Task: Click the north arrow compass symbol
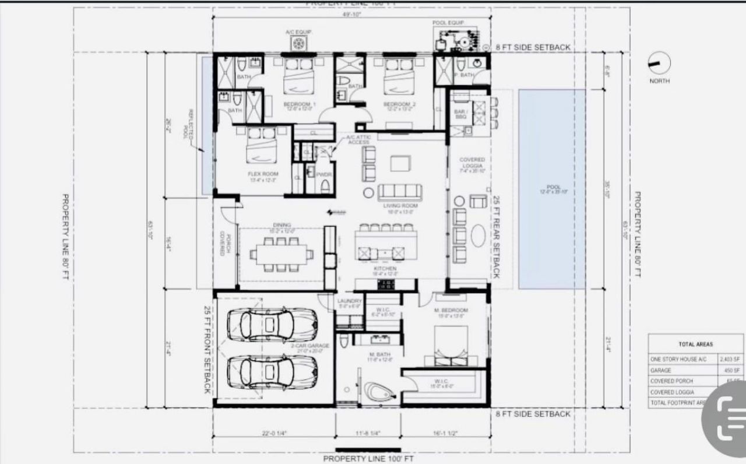(660, 62)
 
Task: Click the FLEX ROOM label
(263, 174)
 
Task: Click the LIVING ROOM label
(400, 206)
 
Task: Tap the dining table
(281, 254)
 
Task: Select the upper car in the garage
(272, 324)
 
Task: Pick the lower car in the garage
(272, 371)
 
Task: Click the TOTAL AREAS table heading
(695, 344)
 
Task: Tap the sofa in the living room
(400, 192)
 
